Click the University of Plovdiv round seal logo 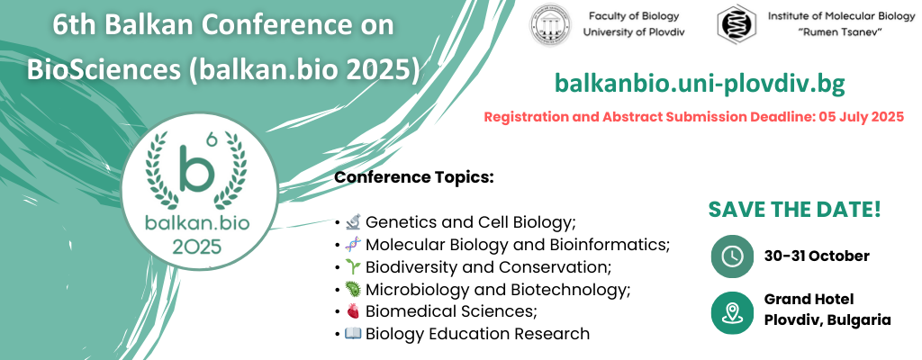coord(550,24)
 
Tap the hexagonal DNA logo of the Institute coord(737,24)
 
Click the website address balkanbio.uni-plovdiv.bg coord(700,84)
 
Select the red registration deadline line coord(694,117)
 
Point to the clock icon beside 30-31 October coord(732,256)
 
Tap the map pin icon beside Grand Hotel coord(732,313)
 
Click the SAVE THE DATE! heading coord(794,210)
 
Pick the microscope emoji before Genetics coord(353,222)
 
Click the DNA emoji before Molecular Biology coord(353,245)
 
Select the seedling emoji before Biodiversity coord(353,267)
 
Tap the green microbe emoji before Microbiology coord(353,290)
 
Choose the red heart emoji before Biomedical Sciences coord(353,311)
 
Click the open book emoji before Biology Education coord(353,334)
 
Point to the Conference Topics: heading coord(414,177)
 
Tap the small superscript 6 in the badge coord(212,139)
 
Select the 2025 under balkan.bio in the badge coord(197,246)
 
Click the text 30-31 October coord(817,256)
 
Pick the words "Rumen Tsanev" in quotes coord(842,31)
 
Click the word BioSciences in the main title coord(104,70)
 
